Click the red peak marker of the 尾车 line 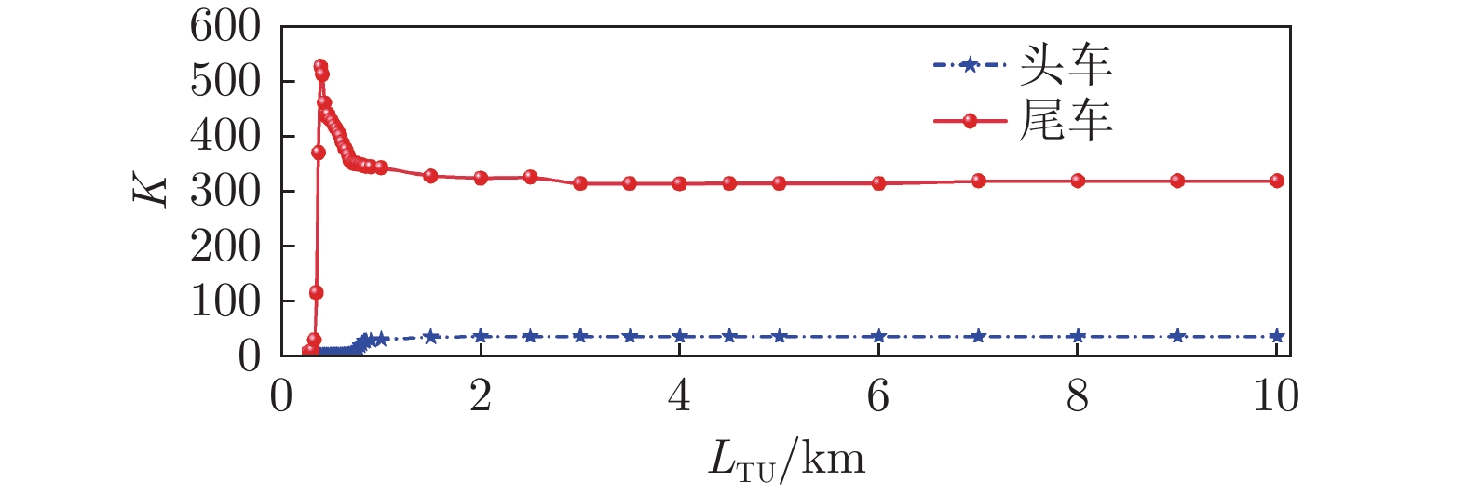pos(320,67)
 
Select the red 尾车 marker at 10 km pos(1276,181)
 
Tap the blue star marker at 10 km pos(1276,336)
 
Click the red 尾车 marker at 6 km pos(878,183)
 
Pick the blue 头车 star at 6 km pos(878,336)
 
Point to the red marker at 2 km pos(481,178)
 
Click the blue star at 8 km pos(1078,336)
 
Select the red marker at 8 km pos(1078,181)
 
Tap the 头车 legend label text pos(1066,65)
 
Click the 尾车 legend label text pos(1066,121)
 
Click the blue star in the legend pos(970,65)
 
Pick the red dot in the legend pos(970,121)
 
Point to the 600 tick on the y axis pos(225,26)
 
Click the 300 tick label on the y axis pos(225,192)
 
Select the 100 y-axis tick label pos(225,301)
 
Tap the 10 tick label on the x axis pos(1275,396)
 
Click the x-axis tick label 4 pos(679,396)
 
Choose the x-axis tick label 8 pos(1078,396)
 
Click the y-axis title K pos(149,191)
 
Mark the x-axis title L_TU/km pos(785,460)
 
